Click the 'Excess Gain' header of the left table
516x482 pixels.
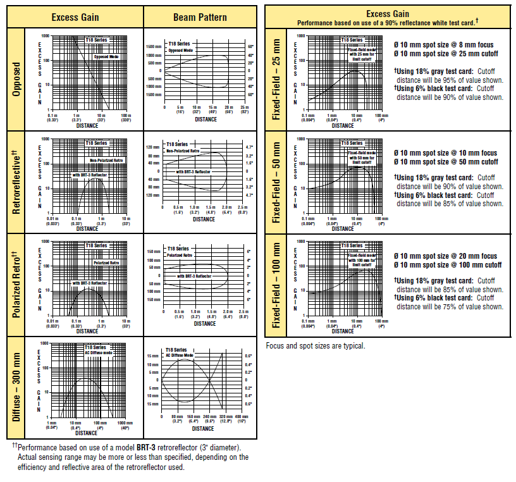click(x=75, y=17)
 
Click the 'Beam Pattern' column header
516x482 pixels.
click(x=200, y=17)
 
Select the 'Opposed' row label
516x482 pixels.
click(x=17, y=79)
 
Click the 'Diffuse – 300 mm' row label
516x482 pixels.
click(x=17, y=388)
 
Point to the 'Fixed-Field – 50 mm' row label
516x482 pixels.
click(x=276, y=182)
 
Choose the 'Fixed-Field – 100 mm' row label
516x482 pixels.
click(x=276, y=285)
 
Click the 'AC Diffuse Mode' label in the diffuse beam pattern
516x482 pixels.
click(x=179, y=355)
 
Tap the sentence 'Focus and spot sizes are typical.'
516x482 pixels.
click(x=315, y=346)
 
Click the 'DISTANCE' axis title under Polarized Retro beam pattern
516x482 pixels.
click(x=205, y=323)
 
